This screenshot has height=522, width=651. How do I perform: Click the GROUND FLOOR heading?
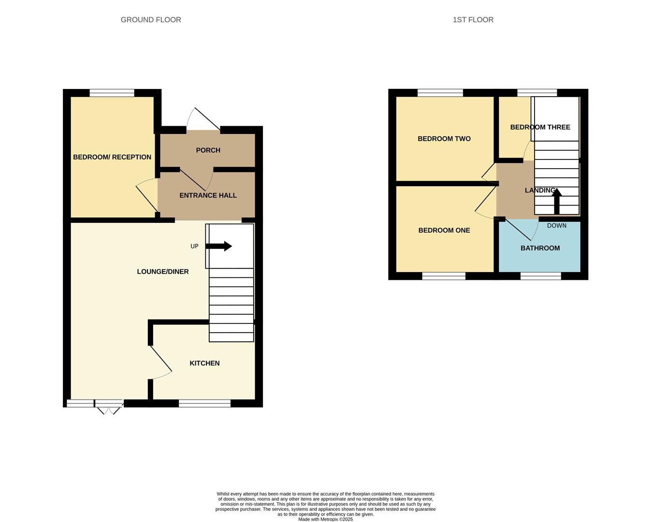coord(151,20)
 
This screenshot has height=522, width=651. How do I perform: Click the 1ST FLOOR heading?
coord(473,20)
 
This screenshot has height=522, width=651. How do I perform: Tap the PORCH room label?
coord(208,150)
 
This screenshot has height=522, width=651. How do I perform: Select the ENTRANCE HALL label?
coord(208,195)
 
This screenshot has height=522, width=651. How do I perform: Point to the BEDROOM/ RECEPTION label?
coord(112,157)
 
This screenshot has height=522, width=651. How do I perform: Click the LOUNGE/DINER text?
coord(163,272)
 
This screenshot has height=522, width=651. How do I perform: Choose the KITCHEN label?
coord(204,363)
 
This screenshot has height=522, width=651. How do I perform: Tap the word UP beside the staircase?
coord(194,246)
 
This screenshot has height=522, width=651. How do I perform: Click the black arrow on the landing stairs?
coord(557,201)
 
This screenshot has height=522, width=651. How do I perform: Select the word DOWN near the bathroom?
coord(556,226)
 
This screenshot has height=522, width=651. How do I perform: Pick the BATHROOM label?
coord(540,248)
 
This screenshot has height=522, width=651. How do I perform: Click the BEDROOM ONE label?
coord(444,231)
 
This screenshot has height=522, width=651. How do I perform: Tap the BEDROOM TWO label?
coord(444,139)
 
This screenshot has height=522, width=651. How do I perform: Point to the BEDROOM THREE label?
coord(540,127)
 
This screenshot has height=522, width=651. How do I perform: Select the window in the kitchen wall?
coord(204,404)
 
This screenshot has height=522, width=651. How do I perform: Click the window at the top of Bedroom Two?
coord(440,93)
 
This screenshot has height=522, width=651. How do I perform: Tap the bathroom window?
coord(540,276)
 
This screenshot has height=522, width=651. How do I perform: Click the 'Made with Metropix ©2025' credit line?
coord(325,520)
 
